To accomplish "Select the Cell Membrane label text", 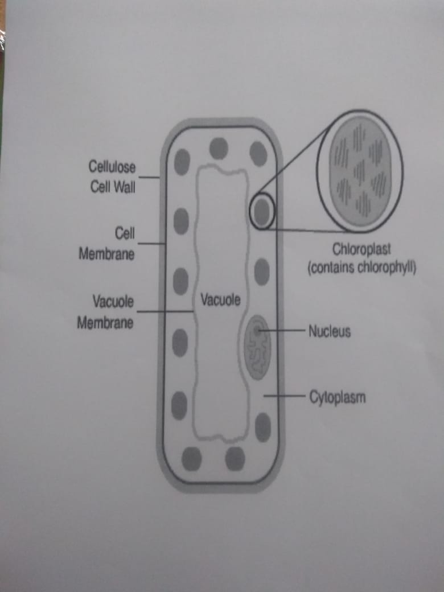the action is (107, 244).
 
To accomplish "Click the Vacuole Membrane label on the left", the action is (105, 312).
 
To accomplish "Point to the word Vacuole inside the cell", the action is (220, 299).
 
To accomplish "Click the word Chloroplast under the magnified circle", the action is (362, 250).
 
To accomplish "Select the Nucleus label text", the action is (329, 331).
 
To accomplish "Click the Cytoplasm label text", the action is (337, 396).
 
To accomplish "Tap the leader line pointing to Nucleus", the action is (285, 330).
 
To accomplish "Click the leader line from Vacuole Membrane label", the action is (165, 312).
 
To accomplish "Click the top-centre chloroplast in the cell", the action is (219, 149).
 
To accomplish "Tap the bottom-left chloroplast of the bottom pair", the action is (192, 459).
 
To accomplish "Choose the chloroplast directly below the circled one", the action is (262, 272).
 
